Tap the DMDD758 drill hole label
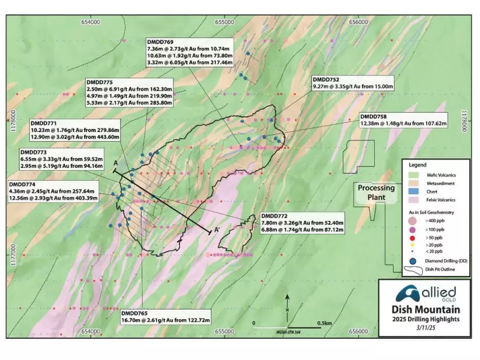click(373, 116)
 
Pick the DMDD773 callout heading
click(33, 152)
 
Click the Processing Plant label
click(376, 191)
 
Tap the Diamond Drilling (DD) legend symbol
click(413, 262)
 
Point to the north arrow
click(288, 303)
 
